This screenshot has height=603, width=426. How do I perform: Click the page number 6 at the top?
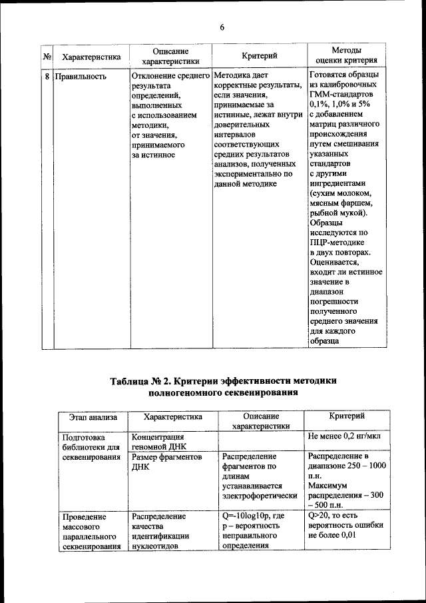pos(222,27)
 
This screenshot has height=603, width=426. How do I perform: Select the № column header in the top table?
pos(47,57)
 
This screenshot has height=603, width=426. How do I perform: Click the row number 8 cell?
pos(47,76)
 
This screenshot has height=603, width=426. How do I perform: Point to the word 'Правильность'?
pos(80,76)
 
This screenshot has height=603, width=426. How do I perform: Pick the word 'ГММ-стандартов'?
pos(339,95)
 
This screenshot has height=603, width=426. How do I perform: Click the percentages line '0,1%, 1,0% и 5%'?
pos(339,105)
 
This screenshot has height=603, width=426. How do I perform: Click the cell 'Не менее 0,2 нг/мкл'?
pos(343,437)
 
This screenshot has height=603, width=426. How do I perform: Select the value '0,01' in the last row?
pos(363,536)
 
